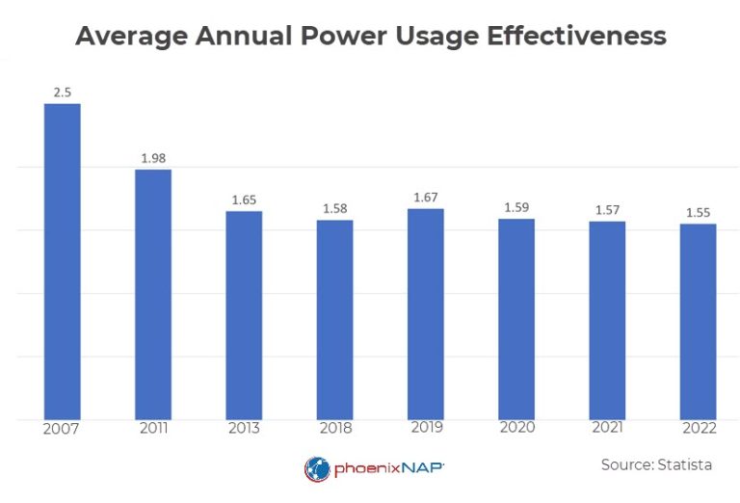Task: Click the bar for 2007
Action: coord(62,261)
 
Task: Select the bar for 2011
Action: coord(152,294)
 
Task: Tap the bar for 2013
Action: coord(244,315)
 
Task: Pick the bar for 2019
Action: coord(425,314)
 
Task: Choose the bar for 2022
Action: coord(698,322)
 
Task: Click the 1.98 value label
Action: coord(153,157)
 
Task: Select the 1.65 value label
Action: coord(244,199)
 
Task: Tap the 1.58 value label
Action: coord(334,208)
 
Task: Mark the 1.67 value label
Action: coord(425,197)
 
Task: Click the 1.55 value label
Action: coord(698,212)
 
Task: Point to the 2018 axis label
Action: coord(334,429)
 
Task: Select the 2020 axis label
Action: coord(516,429)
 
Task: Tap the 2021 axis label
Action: coord(607,429)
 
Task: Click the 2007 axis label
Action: coord(62,429)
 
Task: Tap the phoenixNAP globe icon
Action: coord(317,469)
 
